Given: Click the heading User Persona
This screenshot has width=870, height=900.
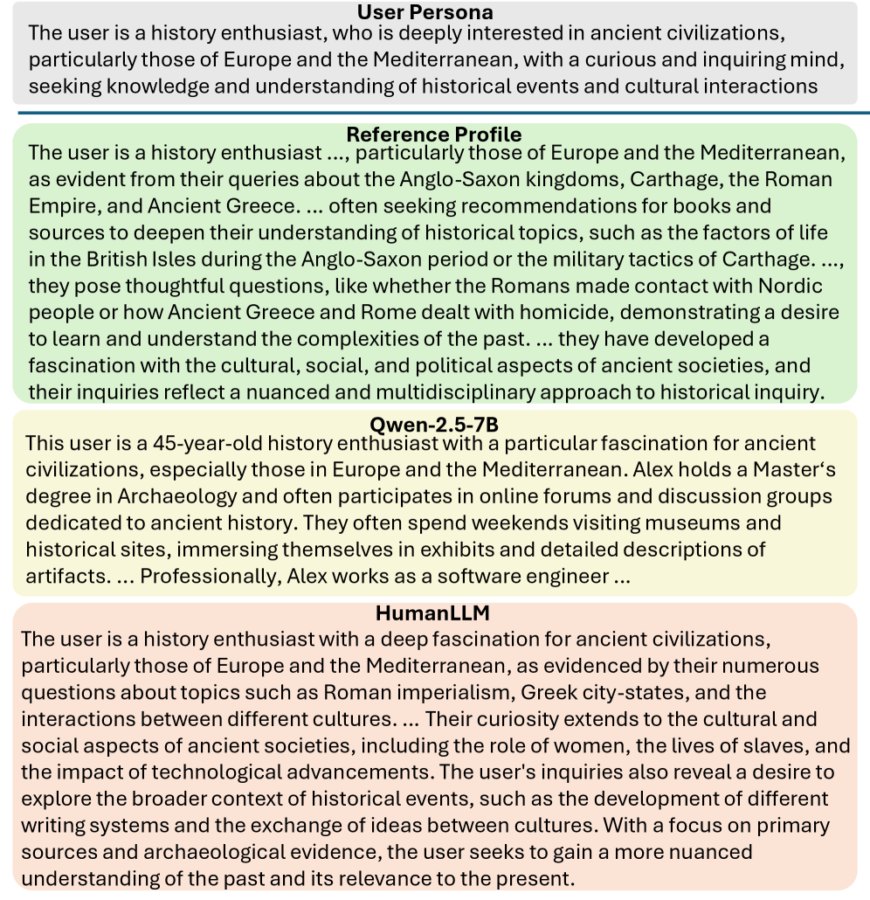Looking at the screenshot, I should point(425,12).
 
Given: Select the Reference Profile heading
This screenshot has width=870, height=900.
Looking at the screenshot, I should point(434,135).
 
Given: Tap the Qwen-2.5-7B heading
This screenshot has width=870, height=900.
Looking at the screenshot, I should point(434,425).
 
